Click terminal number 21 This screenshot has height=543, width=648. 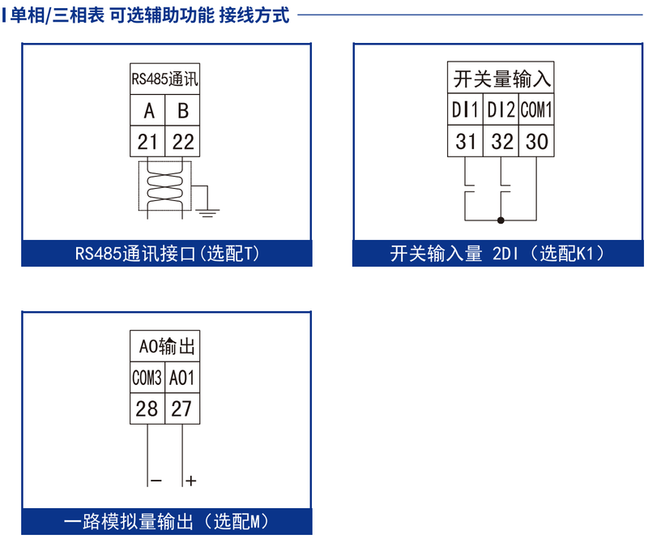point(147,142)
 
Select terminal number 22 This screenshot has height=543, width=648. point(183,142)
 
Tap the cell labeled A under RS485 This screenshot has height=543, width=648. point(148,111)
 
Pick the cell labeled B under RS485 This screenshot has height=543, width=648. point(183,111)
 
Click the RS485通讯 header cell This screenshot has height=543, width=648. point(165,79)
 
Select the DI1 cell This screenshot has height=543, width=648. point(466,109)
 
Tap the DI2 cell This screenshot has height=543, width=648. point(502,109)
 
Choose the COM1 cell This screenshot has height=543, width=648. point(536,109)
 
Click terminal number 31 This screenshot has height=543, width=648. point(466,141)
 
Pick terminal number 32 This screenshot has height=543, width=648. point(502,141)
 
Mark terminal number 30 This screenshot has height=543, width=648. point(536,141)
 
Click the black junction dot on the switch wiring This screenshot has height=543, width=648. point(501,220)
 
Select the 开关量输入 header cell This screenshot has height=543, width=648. point(501,79)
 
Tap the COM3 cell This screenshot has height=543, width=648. point(147,378)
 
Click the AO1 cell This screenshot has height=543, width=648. point(182,378)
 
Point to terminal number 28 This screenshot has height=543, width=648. point(147,408)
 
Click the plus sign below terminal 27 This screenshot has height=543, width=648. point(191,481)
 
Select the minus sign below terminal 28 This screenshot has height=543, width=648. point(156,481)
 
